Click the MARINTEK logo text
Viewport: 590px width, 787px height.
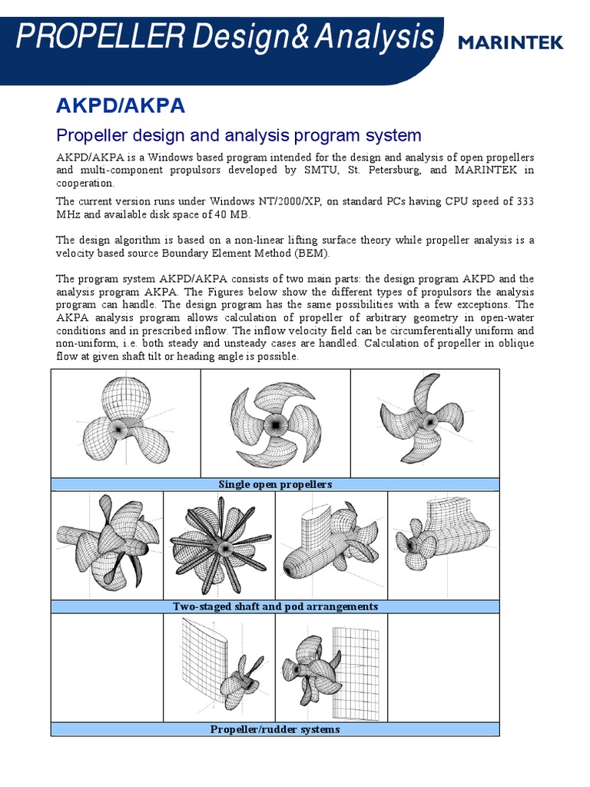pos(510,42)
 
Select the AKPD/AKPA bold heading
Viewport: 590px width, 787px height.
pos(121,105)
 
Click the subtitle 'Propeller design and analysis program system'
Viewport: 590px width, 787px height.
pos(239,135)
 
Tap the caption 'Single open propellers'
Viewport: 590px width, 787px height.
pos(275,484)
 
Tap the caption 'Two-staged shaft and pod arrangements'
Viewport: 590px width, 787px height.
pos(275,606)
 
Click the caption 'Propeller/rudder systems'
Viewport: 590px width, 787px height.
pos(275,729)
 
